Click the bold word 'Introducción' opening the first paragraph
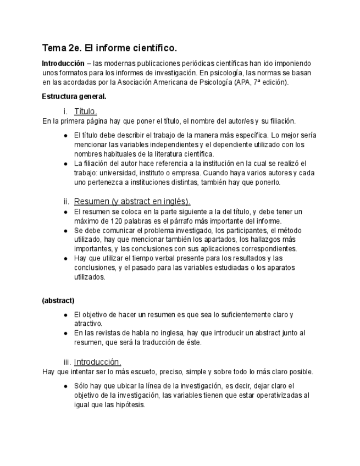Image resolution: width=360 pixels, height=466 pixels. point(63,64)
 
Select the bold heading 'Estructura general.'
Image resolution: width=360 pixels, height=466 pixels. point(74,96)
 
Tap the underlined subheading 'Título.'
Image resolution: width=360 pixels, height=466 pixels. point(85,111)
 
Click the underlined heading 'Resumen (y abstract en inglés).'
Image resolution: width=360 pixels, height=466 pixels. point(132,201)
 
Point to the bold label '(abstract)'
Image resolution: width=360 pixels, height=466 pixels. point(58,301)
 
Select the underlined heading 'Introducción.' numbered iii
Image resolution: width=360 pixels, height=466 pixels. point(97,362)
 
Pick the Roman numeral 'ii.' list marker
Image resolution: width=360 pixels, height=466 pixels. point(66,201)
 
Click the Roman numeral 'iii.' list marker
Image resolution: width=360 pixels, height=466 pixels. point(67,362)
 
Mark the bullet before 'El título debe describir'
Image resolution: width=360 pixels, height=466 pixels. point(65,135)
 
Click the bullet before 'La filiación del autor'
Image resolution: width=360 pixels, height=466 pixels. point(65,164)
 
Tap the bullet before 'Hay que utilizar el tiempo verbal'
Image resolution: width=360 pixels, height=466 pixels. point(65,258)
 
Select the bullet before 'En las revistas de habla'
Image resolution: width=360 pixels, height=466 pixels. point(65,333)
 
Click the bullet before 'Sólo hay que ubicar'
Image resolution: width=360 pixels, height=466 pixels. point(65,386)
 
